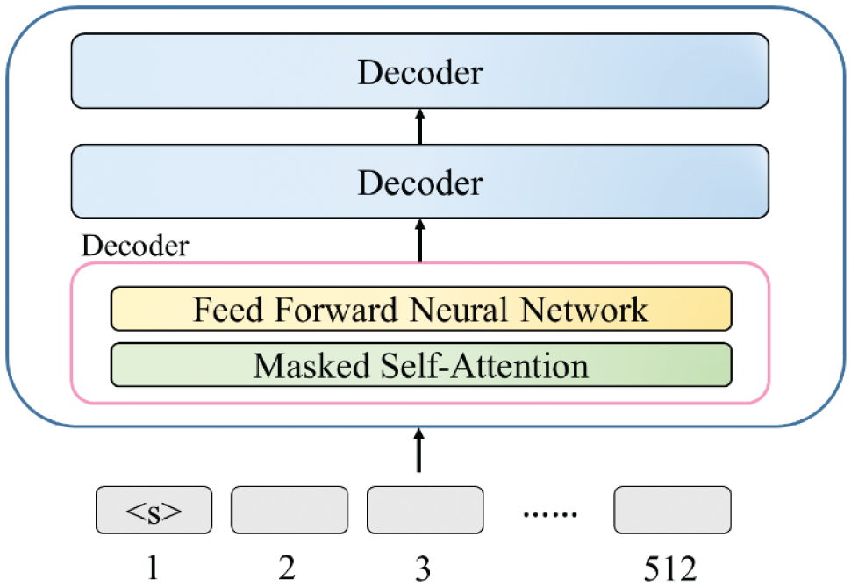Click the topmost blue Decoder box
tap(419, 71)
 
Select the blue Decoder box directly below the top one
tap(419, 182)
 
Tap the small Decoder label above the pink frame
tap(133, 247)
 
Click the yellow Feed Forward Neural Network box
tap(420, 309)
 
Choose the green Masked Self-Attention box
tap(420, 365)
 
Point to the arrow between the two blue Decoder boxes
tap(419, 126)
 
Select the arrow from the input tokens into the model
tap(419, 449)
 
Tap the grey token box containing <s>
tap(154, 510)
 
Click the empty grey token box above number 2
tap(289, 510)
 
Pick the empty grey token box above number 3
tap(425, 510)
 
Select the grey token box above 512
tap(672, 510)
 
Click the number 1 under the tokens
tap(154, 569)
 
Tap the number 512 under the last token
tap(671, 569)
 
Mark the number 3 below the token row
tap(424, 569)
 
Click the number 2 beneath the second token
tap(287, 569)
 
